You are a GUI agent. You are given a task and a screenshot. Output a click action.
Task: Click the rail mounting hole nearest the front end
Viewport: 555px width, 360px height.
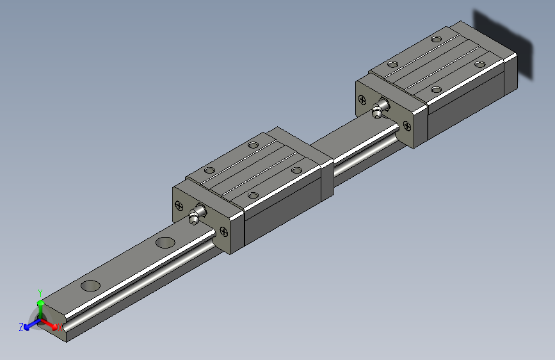tap(90, 286)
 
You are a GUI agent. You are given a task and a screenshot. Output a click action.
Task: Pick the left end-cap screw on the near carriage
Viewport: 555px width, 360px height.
tap(179, 206)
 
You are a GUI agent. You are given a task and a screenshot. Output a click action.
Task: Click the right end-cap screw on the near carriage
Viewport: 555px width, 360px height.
tap(223, 232)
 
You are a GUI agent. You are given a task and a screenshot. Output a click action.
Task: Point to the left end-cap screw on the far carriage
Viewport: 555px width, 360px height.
tap(363, 100)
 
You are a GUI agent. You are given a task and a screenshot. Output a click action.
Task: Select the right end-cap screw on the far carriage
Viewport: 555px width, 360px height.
tap(407, 126)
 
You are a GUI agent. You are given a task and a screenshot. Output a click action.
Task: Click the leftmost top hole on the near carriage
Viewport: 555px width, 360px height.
tap(209, 170)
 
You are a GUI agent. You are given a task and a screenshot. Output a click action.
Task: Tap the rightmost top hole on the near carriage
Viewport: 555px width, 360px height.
tap(296, 170)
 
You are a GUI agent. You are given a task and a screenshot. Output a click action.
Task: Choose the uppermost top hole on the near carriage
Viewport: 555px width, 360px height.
tap(253, 145)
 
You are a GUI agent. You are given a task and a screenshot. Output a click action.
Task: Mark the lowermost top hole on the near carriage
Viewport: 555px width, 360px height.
tap(253, 195)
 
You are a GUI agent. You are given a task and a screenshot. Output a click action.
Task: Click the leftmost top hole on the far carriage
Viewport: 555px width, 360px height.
tap(392, 65)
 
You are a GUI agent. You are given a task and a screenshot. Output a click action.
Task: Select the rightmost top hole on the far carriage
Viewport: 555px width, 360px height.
tap(479, 64)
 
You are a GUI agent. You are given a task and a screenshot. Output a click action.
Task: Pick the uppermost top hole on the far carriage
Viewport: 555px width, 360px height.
tap(437, 40)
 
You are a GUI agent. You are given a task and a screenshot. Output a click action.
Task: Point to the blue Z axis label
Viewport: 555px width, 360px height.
tap(21, 327)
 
